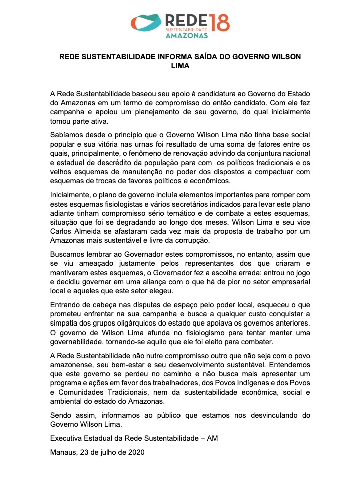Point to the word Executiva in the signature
(67, 438)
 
